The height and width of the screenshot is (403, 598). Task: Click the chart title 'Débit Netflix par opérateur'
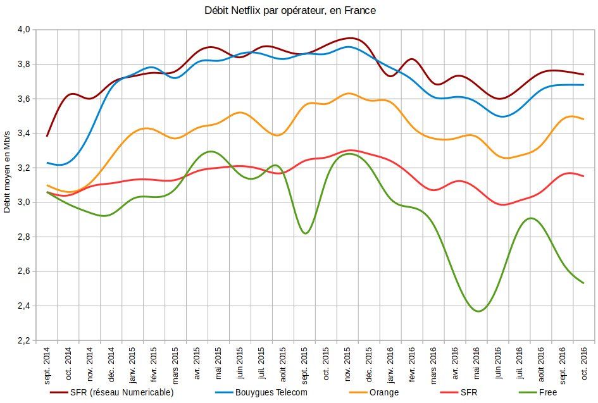pos(291,11)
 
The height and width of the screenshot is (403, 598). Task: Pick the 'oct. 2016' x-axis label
pos(583,366)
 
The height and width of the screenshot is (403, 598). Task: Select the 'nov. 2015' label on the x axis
pos(347,366)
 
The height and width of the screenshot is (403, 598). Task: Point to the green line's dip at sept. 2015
pos(306,233)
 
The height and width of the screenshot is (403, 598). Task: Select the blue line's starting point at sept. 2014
pos(47,163)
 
